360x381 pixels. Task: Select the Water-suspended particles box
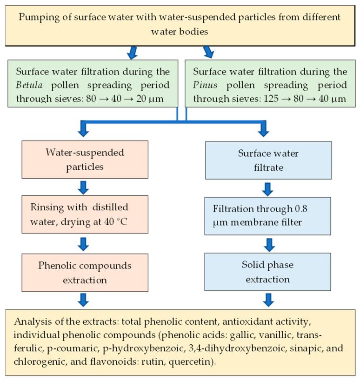point(85,159)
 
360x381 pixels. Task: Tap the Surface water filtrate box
point(268,160)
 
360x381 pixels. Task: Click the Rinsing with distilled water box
point(85,214)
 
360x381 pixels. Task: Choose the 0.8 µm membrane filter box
point(268,216)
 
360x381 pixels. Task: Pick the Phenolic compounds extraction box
point(85,273)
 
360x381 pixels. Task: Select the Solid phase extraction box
point(268,272)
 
